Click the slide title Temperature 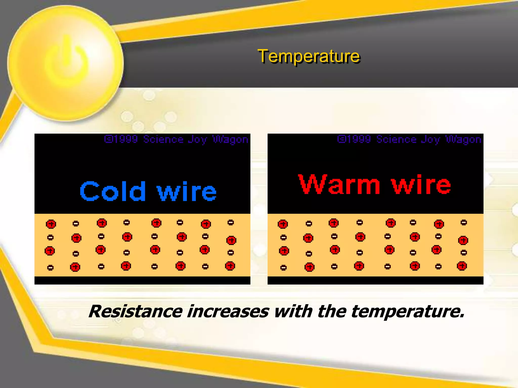(x=309, y=56)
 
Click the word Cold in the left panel (x=113, y=191)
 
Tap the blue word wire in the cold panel (x=187, y=191)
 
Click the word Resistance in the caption (x=136, y=311)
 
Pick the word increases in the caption (x=228, y=311)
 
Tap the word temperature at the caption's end (x=407, y=312)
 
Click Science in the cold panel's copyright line (x=163, y=139)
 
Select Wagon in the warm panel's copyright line (x=463, y=139)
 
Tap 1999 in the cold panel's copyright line (x=126, y=139)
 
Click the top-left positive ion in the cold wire (x=51, y=224)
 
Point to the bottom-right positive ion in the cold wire (x=230, y=266)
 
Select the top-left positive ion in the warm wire (x=283, y=224)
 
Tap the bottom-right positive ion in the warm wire (x=462, y=266)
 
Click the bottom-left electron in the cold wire (x=50, y=268)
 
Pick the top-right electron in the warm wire (x=464, y=223)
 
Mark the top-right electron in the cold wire (x=231, y=223)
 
